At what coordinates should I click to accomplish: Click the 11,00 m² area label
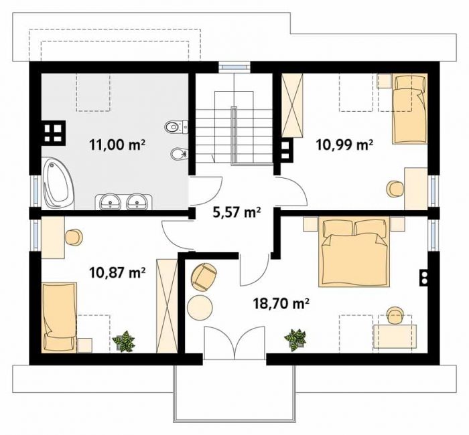(x=117, y=145)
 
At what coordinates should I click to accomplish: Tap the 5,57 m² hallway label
(x=237, y=212)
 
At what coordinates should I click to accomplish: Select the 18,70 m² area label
(x=281, y=304)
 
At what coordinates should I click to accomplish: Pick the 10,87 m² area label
(x=117, y=272)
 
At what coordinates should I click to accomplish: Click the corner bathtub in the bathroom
(x=58, y=183)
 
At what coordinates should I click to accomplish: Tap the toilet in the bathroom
(x=176, y=127)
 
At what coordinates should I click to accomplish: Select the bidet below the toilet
(x=179, y=154)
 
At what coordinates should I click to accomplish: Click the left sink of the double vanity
(x=110, y=201)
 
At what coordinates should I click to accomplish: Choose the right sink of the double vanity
(x=137, y=201)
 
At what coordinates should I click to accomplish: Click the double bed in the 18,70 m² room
(x=354, y=252)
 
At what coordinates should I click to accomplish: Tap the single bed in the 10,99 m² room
(x=409, y=109)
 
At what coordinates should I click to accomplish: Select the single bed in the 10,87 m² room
(x=59, y=318)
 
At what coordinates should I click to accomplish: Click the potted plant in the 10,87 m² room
(x=123, y=341)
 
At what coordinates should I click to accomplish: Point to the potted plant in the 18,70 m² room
(x=295, y=340)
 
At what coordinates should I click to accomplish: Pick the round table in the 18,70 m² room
(x=200, y=307)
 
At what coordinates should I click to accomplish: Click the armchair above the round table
(x=204, y=276)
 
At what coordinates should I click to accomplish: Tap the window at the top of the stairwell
(x=234, y=66)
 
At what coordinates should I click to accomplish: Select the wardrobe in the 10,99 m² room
(x=293, y=106)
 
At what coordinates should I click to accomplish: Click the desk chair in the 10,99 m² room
(x=395, y=189)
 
